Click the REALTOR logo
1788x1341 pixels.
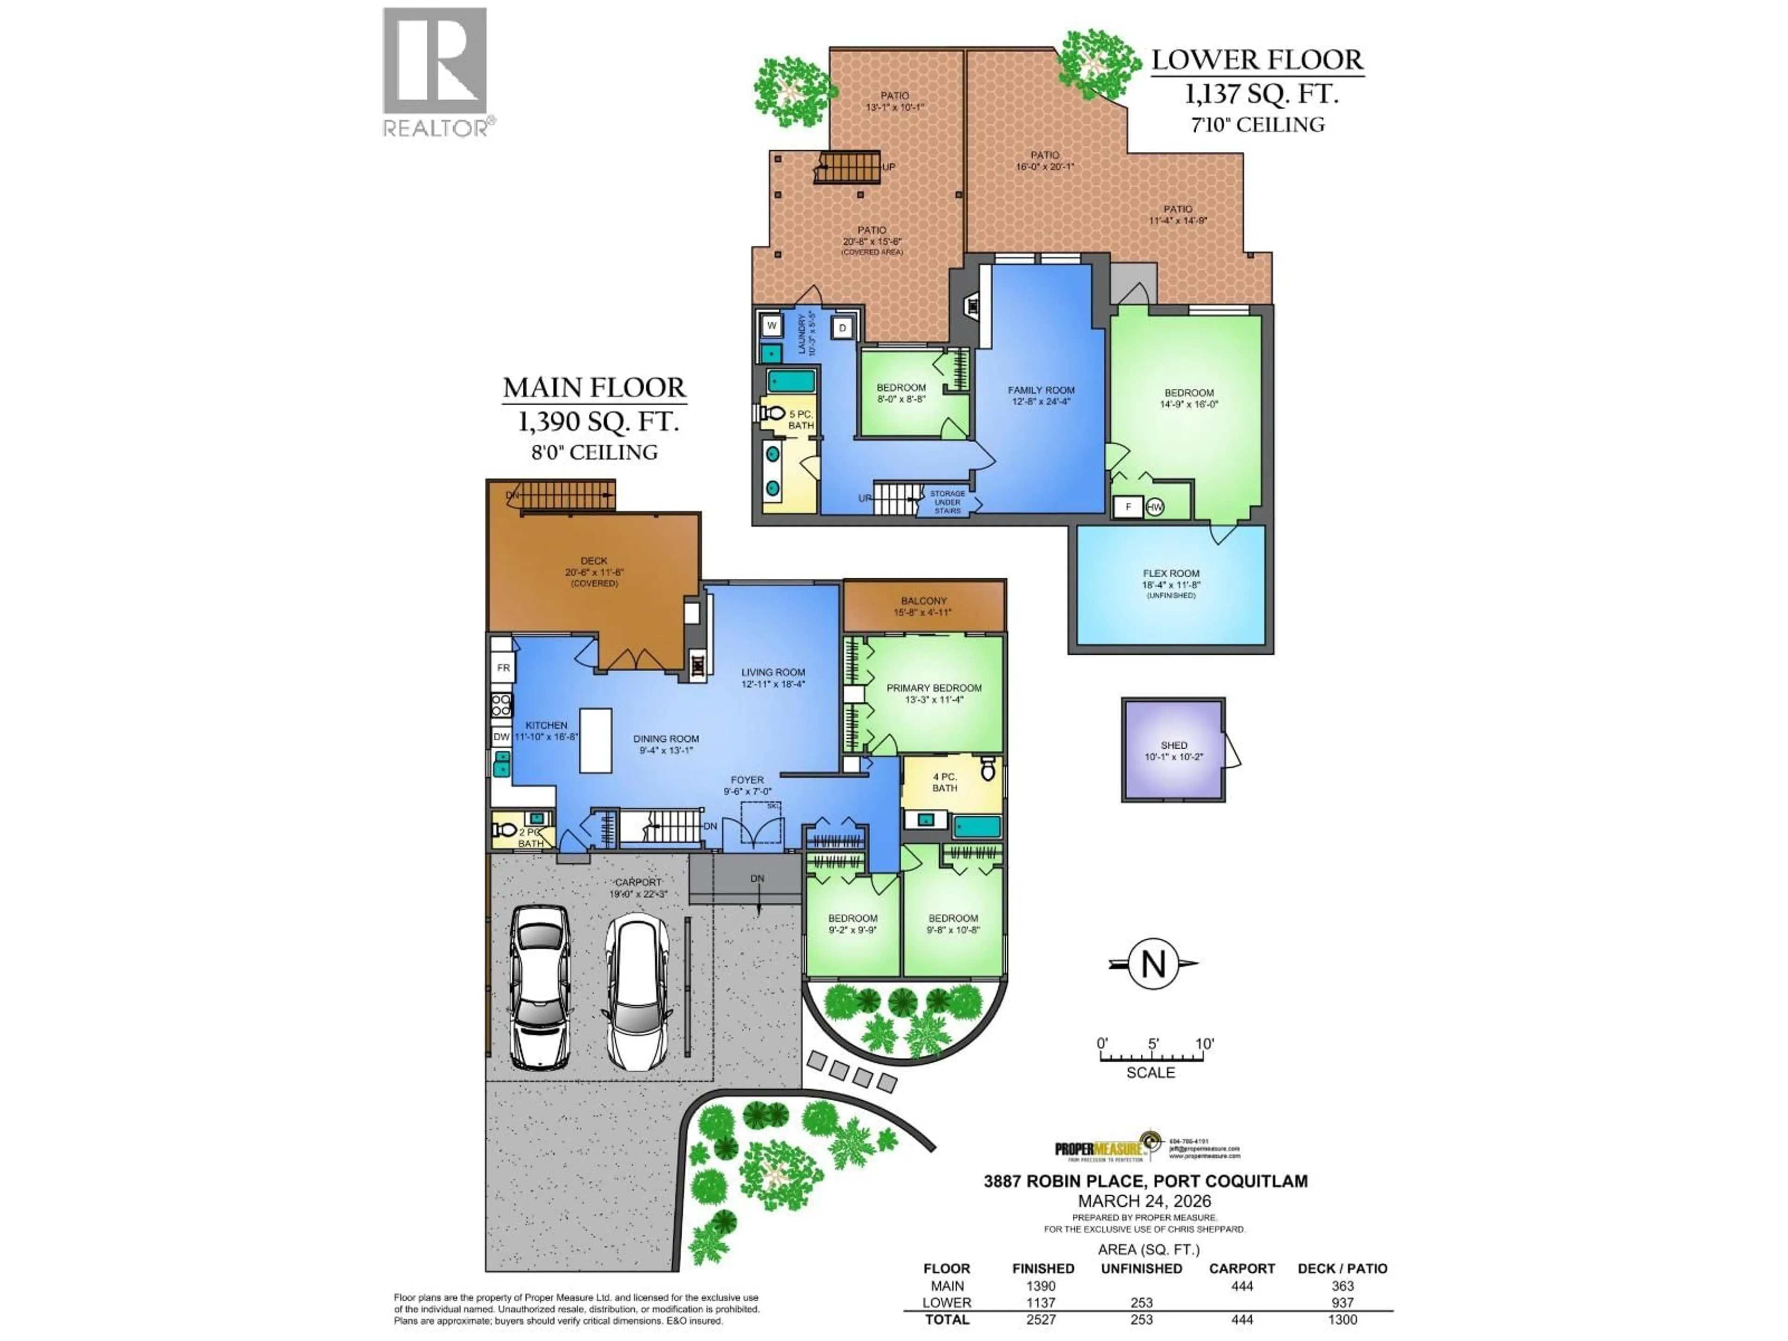[435, 71]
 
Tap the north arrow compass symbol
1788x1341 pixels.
[1153, 963]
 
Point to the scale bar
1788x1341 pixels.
[1152, 1058]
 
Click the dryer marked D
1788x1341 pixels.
[842, 327]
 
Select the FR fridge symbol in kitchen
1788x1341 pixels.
[503, 668]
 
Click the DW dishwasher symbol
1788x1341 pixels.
[501, 736]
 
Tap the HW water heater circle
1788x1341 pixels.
[1154, 507]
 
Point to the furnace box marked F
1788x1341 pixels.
[1128, 507]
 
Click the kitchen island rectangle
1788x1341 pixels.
[596, 740]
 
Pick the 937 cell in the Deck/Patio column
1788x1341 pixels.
[1342, 1302]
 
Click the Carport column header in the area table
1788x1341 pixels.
[1241, 1268]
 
